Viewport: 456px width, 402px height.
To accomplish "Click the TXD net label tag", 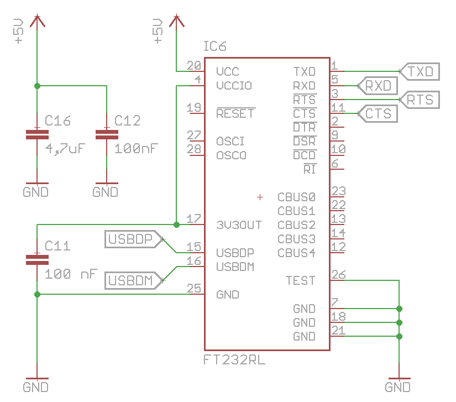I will click(x=420, y=72).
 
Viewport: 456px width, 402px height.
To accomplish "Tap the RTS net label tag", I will click(x=420, y=100).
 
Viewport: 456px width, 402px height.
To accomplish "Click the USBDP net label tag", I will click(x=130, y=239).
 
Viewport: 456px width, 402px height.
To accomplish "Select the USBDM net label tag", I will click(x=132, y=281).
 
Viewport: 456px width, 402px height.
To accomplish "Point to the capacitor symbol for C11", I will click(x=37, y=258).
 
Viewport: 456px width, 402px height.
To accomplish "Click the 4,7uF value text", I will click(x=65, y=149).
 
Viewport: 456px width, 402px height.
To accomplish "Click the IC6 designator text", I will click(x=214, y=46).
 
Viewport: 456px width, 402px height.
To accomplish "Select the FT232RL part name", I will click(x=234, y=361).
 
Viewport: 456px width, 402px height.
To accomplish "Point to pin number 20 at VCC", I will click(x=193, y=66).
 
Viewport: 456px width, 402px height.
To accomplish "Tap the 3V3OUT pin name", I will click(x=239, y=225).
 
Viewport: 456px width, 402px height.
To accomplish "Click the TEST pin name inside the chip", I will click(x=300, y=281).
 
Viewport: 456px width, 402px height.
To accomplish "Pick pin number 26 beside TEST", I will click(x=338, y=275).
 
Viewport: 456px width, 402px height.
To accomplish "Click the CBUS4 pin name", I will click(x=296, y=253).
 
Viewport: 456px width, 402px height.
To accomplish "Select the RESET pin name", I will click(x=235, y=114).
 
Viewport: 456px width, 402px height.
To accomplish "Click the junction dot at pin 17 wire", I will click(x=176, y=225).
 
